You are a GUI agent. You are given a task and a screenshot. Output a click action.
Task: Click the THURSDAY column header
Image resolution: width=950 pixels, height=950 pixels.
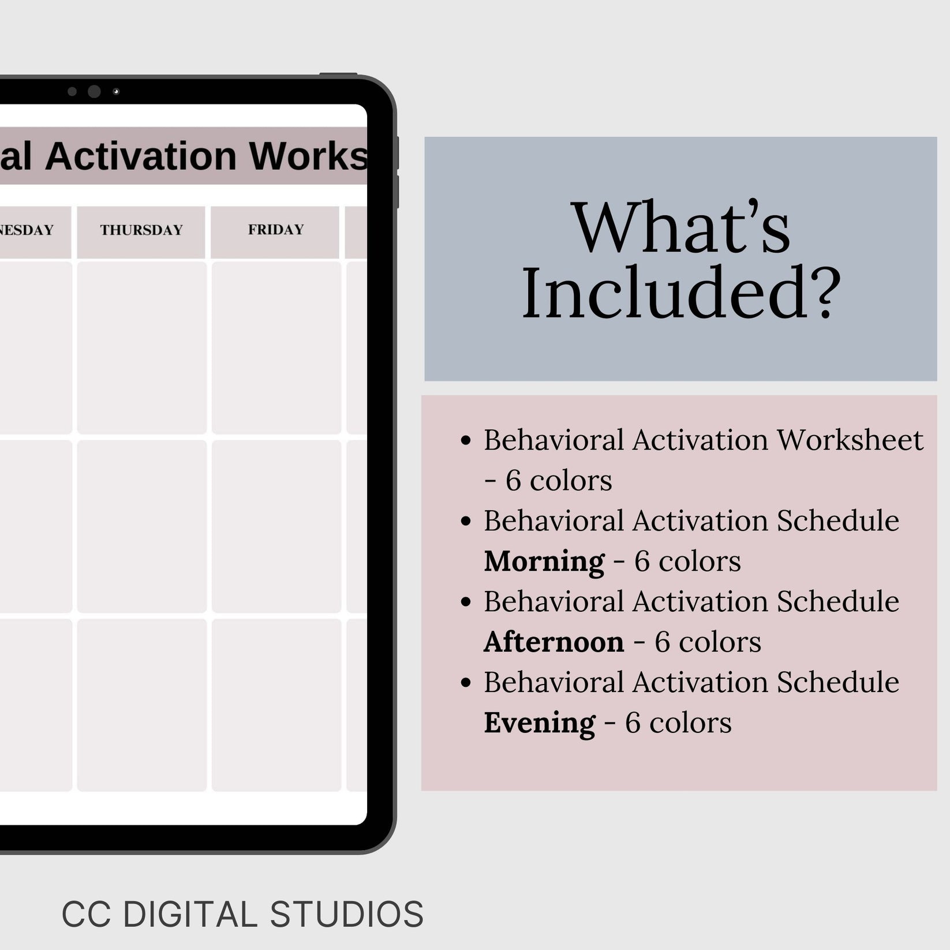141,230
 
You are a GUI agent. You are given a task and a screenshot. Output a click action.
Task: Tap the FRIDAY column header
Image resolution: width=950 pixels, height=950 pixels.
275,230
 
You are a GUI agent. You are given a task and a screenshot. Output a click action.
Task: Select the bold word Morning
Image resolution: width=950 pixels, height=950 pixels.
544,562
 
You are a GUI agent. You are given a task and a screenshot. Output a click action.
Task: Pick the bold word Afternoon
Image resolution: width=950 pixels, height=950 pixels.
553,642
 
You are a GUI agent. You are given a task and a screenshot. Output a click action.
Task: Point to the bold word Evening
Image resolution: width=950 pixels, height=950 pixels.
539,723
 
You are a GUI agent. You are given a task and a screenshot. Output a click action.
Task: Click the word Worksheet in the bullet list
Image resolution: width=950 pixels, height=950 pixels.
850,440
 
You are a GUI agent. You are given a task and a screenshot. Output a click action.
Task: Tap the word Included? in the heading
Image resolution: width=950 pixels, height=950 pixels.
681,292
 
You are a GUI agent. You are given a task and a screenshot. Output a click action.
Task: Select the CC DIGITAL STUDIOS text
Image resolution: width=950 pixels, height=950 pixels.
242,914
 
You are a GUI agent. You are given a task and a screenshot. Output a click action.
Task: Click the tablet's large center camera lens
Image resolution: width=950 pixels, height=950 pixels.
94,91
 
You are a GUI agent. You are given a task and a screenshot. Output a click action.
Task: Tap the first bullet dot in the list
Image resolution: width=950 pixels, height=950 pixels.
466,442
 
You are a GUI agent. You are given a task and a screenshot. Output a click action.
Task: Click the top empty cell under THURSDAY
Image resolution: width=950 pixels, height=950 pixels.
141,347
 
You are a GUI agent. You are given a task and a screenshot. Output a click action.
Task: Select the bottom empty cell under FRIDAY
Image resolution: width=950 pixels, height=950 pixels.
276,705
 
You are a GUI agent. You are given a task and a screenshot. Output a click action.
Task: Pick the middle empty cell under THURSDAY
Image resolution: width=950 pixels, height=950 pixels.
141,526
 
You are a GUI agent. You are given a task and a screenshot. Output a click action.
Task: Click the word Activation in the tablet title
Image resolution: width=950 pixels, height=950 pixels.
141,156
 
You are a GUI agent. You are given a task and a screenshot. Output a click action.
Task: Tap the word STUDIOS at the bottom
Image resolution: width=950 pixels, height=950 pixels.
346,914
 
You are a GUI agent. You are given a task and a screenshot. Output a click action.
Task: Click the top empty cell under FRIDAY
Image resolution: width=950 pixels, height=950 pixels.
276,347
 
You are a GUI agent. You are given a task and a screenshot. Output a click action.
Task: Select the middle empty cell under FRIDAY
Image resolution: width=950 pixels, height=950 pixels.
276,526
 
